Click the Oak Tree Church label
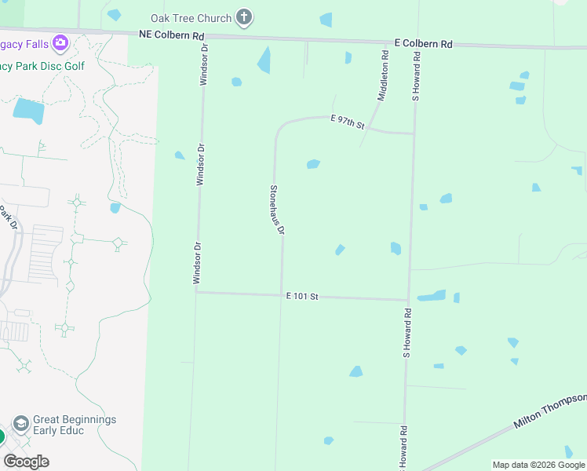[x=191, y=18]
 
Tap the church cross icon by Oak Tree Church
[x=245, y=17]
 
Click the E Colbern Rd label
[x=423, y=44]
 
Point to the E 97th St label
[x=348, y=121]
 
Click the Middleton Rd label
[x=383, y=76]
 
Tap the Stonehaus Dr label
[x=276, y=210]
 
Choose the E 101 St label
[x=302, y=296]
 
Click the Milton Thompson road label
[x=549, y=411]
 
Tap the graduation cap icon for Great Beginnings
[x=21, y=425]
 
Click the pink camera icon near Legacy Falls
[x=60, y=42]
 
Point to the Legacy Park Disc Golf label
[x=42, y=66]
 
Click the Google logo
[x=26, y=462]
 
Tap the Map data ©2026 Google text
[x=538, y=465]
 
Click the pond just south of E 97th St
[x=313, y=164]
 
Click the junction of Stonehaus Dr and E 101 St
[x=282, y=295]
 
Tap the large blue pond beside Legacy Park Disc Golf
[x=29, y=111]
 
